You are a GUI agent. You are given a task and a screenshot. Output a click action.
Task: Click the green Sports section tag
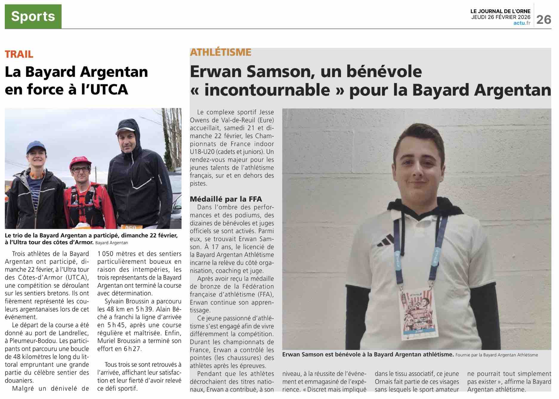click(33, 16)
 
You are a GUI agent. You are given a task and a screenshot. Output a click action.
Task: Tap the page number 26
click(543, 20)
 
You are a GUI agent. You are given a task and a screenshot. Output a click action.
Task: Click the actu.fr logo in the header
click(522, 23)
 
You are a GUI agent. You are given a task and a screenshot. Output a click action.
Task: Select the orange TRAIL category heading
click(19, 54)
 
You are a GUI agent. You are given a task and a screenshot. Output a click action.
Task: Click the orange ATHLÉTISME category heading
click(220, 52)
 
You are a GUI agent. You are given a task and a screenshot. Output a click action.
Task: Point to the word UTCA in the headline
click(109, 89)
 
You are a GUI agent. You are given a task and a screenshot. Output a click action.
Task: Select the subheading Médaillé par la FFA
click(226, 199)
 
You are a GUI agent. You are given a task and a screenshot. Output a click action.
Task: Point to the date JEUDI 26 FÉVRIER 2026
click(501, 17)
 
